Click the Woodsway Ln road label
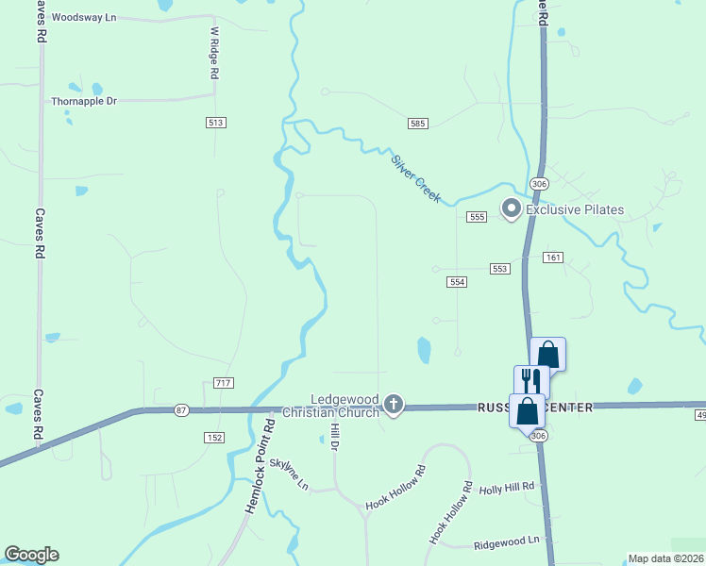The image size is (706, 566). tap(84, 18)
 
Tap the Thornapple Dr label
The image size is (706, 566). tap(84, 101)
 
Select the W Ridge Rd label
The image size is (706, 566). tap(214, 52)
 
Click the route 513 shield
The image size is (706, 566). tap(215, 123)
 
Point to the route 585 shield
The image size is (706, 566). tap(418, 124)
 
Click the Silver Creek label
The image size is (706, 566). tap(416, 174)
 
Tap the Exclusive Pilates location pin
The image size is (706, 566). tap(512, 208)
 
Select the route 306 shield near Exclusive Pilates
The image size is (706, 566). tap(539, 183)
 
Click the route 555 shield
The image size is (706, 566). tap(476, 217)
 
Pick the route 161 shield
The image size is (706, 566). tap(553, 258)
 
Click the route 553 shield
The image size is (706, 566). tap(500, 269)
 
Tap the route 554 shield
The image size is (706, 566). tap(457, 282)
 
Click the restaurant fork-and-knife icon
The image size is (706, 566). tap(530, 381)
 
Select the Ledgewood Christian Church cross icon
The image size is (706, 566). tap(394, 407)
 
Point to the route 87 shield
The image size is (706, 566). tap(181, 410)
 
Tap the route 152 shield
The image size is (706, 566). tap(214, 438)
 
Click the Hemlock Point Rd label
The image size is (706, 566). tap(260, 467)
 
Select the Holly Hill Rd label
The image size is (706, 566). tap(507, 487)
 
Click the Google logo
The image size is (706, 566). tap(31, 555)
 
